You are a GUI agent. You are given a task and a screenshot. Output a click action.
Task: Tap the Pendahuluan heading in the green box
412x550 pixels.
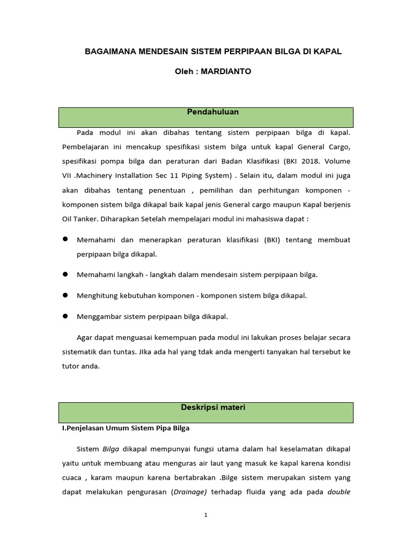213,112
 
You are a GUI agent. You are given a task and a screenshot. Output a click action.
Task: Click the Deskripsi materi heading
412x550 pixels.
213,408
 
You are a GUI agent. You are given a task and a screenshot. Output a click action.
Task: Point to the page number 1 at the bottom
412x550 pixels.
205,515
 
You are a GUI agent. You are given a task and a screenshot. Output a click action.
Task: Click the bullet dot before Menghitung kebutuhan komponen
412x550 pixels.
65,295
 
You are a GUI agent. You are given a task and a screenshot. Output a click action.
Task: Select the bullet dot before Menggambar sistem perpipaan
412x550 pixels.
65,316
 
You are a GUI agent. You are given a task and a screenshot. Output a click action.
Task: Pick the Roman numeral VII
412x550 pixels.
69,175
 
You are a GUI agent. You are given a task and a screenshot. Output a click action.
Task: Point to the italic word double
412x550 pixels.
339,492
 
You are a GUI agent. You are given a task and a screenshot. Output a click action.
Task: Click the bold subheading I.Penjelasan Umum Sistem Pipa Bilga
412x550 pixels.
126,429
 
